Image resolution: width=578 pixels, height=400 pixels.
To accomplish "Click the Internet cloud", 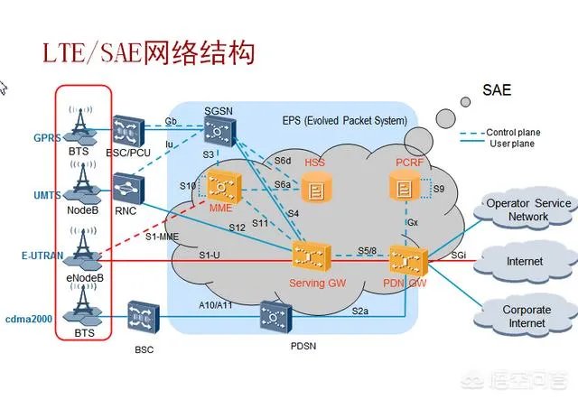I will tap(524, 262).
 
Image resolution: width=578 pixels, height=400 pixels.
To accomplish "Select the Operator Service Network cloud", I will tap(528, 211).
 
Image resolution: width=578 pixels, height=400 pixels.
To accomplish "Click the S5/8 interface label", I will tap(367, 249).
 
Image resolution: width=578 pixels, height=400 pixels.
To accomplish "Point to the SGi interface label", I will tap(459, 256).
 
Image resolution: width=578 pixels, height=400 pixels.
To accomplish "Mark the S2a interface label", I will tap(360, 310).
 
